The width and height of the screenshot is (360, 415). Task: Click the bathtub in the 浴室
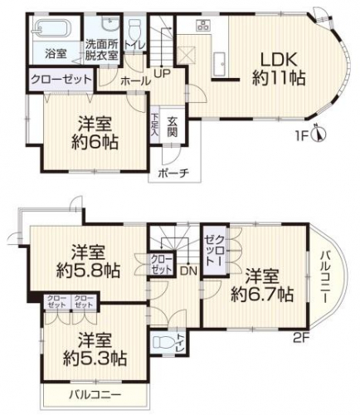click(x=54, y=27)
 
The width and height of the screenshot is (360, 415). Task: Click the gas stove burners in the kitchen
click(x=203, y=25)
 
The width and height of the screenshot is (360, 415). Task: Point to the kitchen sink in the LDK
click(x=221, y=63)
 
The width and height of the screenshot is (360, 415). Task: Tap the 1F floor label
click(x=304, y=137)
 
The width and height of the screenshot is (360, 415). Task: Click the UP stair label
click(x=163, y=73)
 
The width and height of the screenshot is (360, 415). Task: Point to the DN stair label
click(x=188, y=271)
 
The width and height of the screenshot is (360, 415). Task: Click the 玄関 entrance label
click(x=172, y=127)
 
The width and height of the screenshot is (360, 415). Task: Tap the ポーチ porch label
click(x=173, y=173)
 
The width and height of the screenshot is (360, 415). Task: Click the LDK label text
click(x=279, y=59)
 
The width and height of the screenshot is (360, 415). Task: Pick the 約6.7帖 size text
click(x=262, y=295)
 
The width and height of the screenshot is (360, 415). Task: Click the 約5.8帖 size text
click(x=89, y=271)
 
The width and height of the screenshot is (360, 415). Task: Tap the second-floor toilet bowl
click(x=163, y=343)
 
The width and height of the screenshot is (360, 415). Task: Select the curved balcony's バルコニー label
click(x=324, y=277)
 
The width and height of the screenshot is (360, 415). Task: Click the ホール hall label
click(x=136, y=81)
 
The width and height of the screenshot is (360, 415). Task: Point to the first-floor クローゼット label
click(x=61, y=80)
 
